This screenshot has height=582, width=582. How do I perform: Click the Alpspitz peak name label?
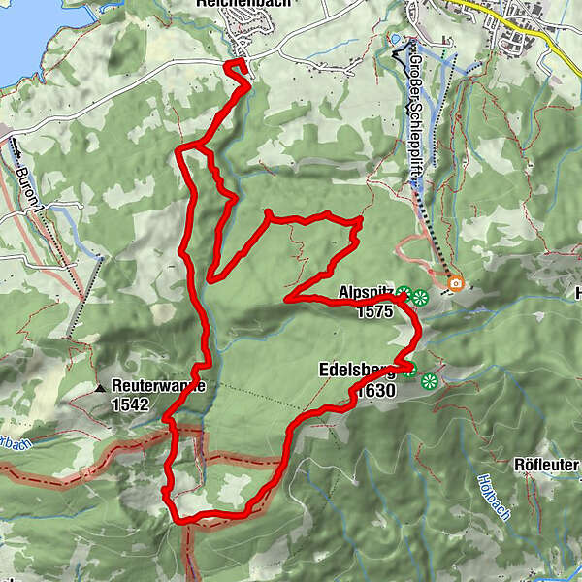(x=366, y=292)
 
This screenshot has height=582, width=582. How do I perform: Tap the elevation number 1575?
(x=373, y=311)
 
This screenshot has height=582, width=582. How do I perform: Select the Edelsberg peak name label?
(x=354, y=370)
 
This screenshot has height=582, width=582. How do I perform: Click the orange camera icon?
(x=455, y=284)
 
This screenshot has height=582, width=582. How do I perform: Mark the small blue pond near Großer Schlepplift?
(x=395, y=41)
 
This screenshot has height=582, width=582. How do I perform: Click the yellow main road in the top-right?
(x=475, y=9)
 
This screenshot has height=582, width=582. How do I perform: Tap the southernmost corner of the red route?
(x=183, y=521)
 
